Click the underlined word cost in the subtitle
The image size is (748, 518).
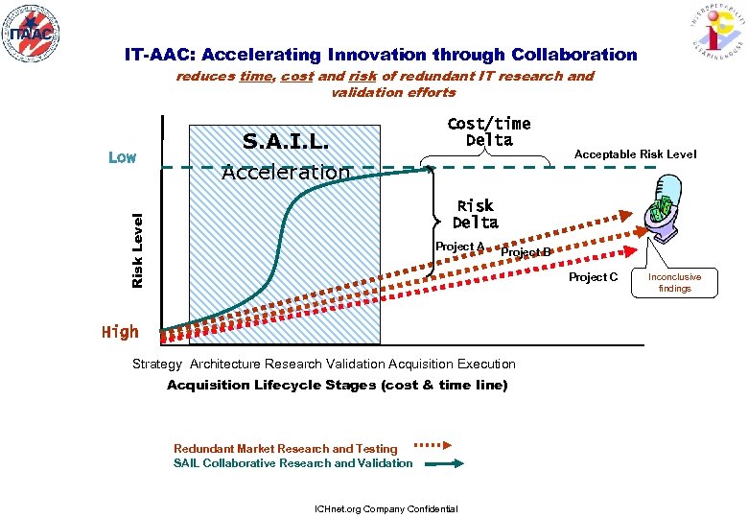point(297,77)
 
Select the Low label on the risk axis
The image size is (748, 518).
point(122,157)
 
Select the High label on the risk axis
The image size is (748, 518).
point(120,332)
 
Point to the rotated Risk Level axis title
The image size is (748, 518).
point(137,250)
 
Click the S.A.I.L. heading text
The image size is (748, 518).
point(286,142)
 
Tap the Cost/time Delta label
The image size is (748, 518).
point(489,132)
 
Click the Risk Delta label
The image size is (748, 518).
point(476,214)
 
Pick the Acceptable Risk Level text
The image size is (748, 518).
point(635,154)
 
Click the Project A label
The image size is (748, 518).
point(459,247)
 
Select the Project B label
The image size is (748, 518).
point(526,252)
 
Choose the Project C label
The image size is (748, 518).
point(593,277)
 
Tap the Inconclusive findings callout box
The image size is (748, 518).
point(675,282)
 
